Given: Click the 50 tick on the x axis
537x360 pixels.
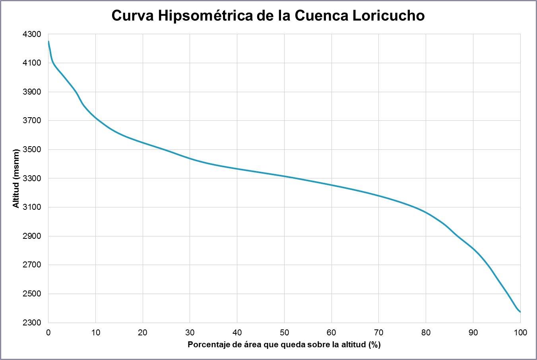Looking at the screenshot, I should click(284, 333).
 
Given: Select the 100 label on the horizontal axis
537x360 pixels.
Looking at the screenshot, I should click(520, 333).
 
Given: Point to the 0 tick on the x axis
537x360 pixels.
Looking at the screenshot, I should click(48, 333).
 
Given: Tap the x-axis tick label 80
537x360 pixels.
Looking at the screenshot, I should click(426, 333).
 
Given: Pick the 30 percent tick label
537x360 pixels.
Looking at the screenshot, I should click(190, 333).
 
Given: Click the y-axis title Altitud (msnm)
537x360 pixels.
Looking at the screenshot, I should click(16, 178).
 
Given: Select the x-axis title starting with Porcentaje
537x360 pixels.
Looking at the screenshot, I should click(284, 345).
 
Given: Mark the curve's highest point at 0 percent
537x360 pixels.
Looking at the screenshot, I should click(48, 41).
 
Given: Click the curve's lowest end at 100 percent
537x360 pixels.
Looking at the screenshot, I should click(520, 312).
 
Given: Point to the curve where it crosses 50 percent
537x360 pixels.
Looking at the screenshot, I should click(284, 176).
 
